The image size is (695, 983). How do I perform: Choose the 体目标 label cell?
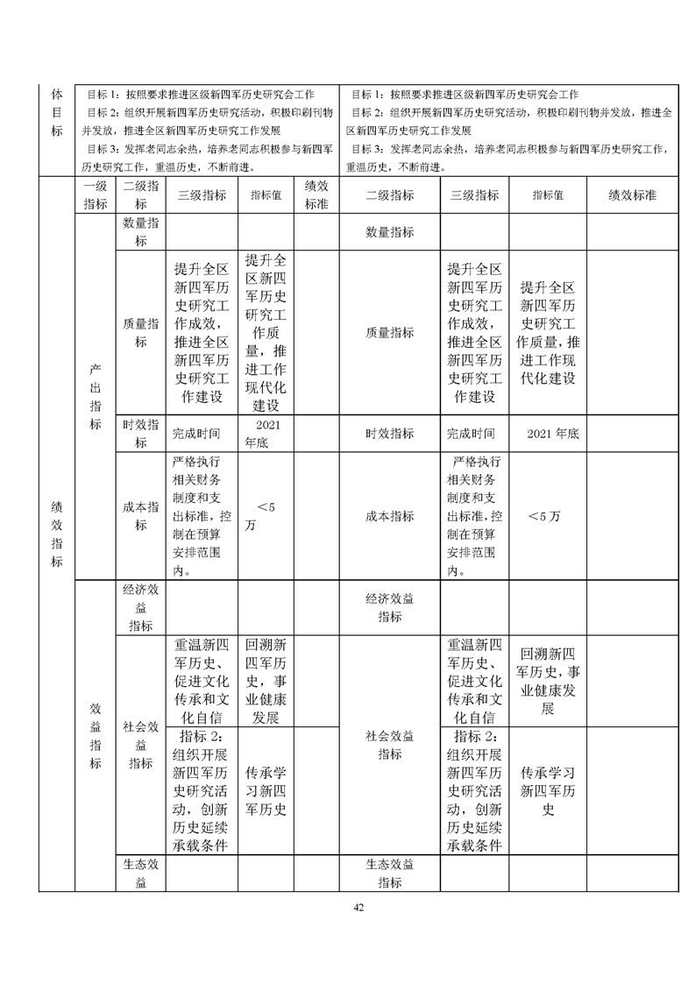[x=57, y=111]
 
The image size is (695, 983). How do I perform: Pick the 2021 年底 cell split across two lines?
[x=266, y=433]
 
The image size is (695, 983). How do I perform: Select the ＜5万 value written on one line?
[x=546, y=516]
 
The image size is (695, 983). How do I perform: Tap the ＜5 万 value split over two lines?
[x=266, y=516]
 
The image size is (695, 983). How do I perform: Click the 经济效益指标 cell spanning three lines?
[x=140, y=608]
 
